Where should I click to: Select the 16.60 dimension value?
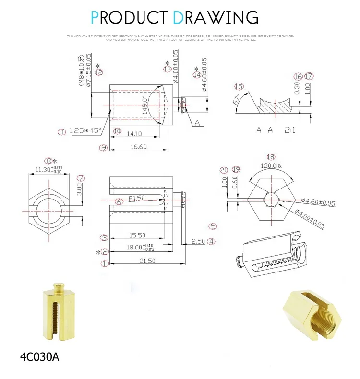[x=138, y=147]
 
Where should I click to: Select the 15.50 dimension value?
[x=137, y=236]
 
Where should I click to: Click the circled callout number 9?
[x=103, y=147]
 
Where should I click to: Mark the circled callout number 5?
[x=213, y=226]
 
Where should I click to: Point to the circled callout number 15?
[x=239, y=86]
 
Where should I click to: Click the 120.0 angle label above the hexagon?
[x=270, y=166]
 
